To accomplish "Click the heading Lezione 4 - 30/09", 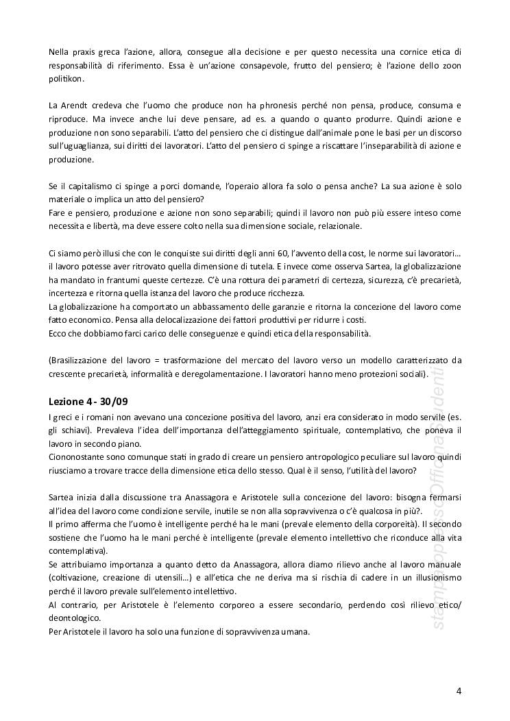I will click(88, 400).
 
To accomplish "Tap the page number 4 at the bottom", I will click(459, 690).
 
